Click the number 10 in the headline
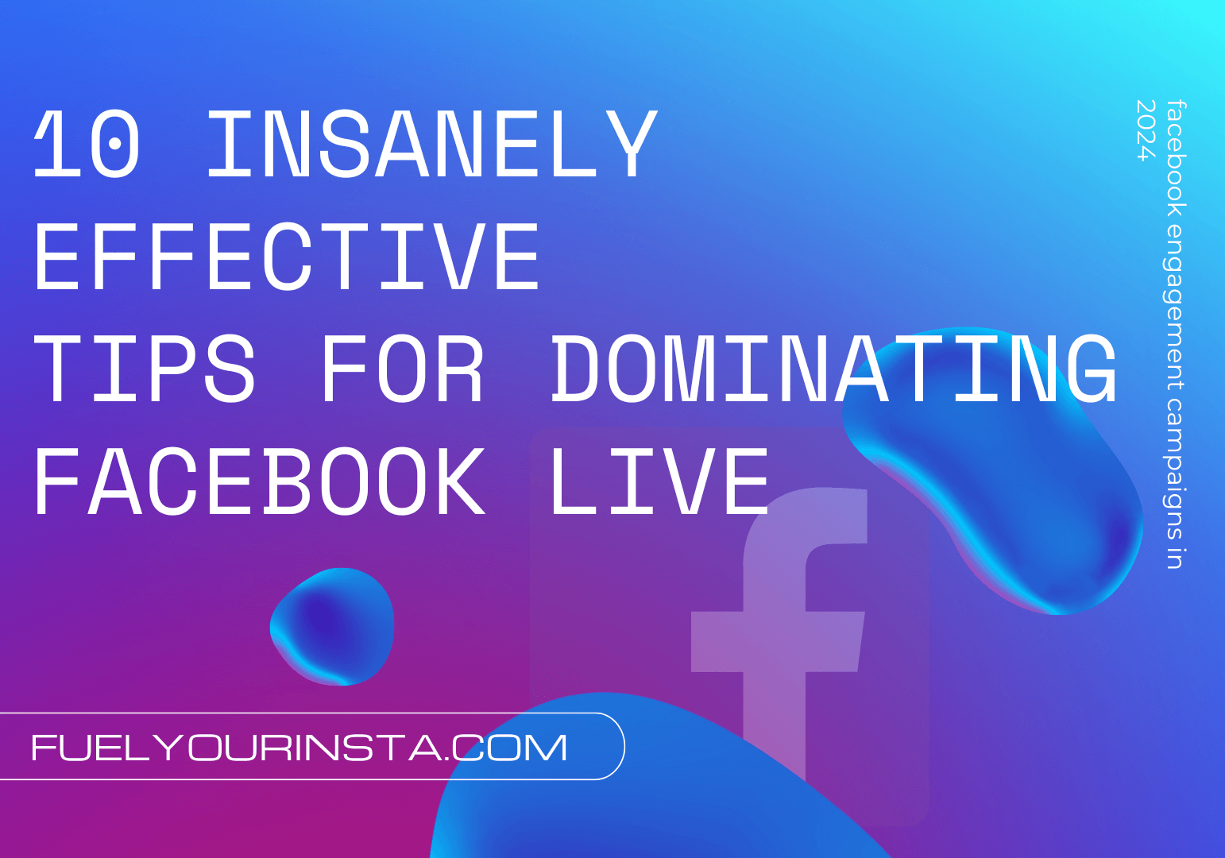87,145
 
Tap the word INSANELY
431,145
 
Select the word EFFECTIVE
287,257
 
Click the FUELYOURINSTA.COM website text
299,748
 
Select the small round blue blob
332,626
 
